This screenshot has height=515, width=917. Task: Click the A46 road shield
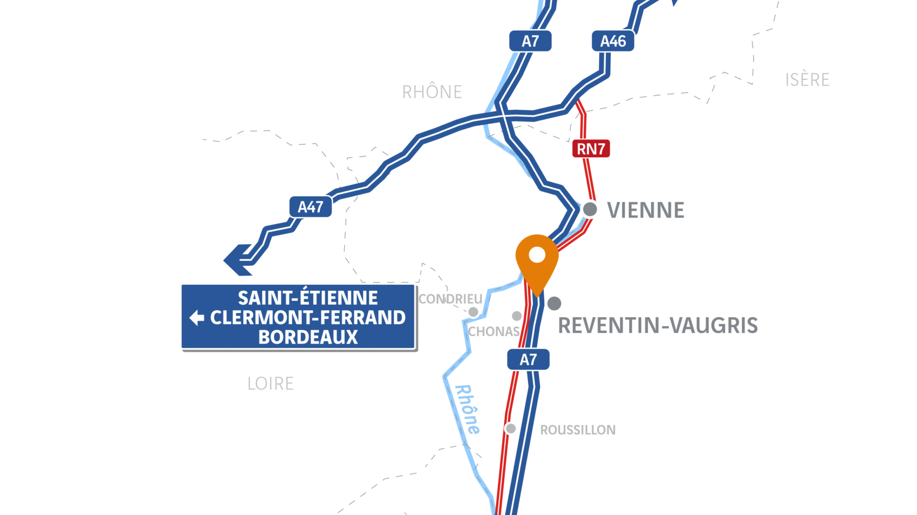click(x=612, y=41)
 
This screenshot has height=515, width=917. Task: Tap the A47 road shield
click(x=310, y=207)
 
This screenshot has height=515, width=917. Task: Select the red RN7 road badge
click(x=591, y=149)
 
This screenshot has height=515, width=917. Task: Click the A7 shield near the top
click(x=530, y=41)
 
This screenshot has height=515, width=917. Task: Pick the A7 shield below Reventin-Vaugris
click(x=528, y=359)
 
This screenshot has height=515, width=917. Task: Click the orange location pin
click(x=537, y=260)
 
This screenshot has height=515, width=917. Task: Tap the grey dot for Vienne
click(x=590, y=209)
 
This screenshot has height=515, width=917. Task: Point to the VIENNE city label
click(x=645, y=210)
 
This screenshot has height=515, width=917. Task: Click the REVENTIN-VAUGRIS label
click(x=658, y=326)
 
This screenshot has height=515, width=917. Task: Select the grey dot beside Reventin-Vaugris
click(x=554, y=303)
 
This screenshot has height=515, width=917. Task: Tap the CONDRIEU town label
click(x=450, y=299)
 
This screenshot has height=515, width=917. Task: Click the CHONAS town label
click(x=493, y=331)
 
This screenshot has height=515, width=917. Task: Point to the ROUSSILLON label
click(x=578, y=430)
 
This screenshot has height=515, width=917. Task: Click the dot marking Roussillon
click(x=510, y=429)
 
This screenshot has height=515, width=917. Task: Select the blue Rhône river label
click(x=467, y=409)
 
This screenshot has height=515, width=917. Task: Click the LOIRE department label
click(x=271, y=384)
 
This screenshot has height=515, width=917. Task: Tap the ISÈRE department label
click(x=807, y=80)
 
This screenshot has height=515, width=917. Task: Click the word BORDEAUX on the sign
click(x=308, y=337)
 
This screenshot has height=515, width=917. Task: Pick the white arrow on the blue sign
click(x=197, y=318)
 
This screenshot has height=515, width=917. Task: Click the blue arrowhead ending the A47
click(x=236, y=260)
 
